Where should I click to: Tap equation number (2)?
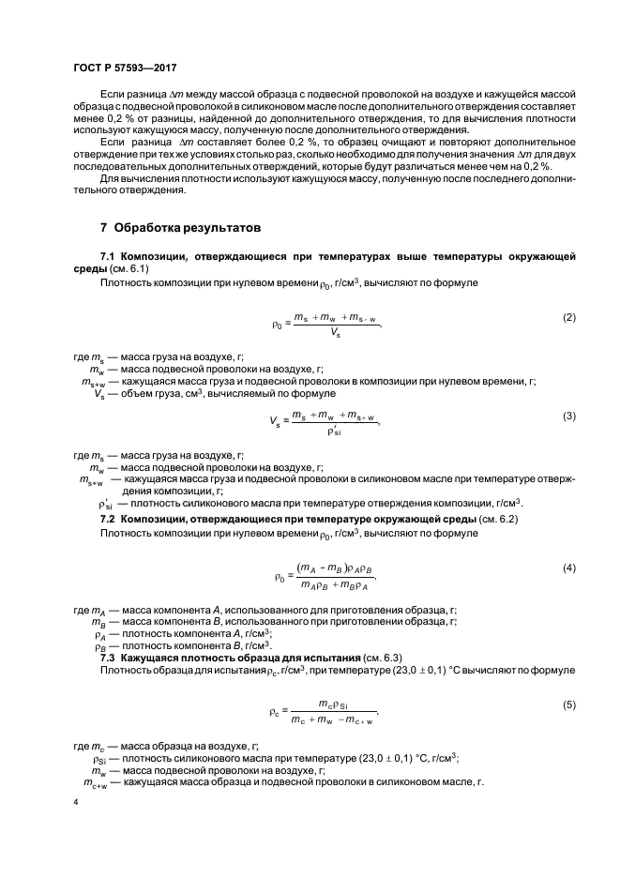coord(568,317)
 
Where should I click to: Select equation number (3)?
coord(568,415)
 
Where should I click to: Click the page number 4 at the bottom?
coord(75,803)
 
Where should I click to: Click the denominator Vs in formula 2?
coord(335,333)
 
